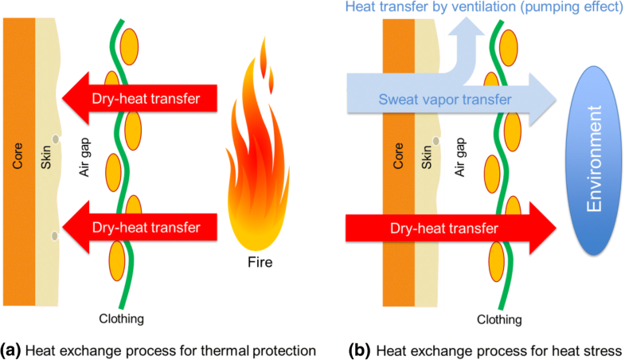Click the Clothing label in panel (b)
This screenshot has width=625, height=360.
(499, 319)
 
